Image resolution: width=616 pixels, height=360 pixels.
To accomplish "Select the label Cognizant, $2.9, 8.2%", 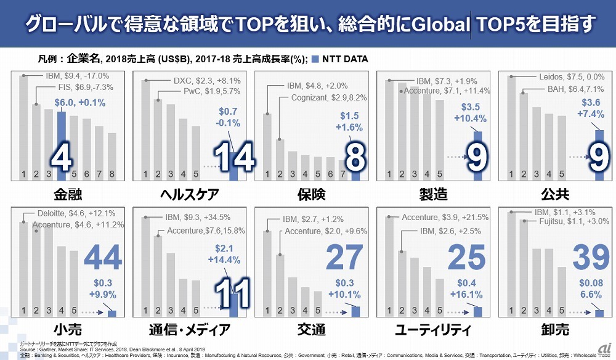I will pyautogui.click(x=329, y=98).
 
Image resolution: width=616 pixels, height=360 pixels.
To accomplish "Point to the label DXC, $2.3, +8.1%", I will pyautogui.click(x=208, y=81).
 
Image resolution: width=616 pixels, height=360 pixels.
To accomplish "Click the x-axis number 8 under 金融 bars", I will pyautogui.click(x=111, y=174).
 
